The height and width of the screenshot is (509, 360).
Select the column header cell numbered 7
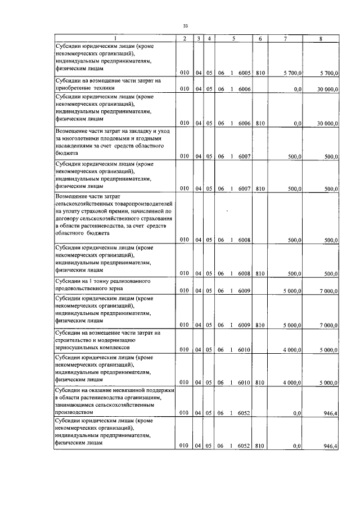[x=285, y=38]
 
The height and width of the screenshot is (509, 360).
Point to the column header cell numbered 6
[x=260, y=38]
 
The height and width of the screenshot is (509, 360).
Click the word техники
[x=102, y=88]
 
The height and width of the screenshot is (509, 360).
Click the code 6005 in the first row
[x=244, y=73]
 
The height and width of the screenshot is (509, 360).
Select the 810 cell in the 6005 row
[x=260, y=73]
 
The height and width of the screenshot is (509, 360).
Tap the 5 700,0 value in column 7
[x=292, y=73]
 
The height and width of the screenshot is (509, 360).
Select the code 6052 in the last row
[x=244, y=446]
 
